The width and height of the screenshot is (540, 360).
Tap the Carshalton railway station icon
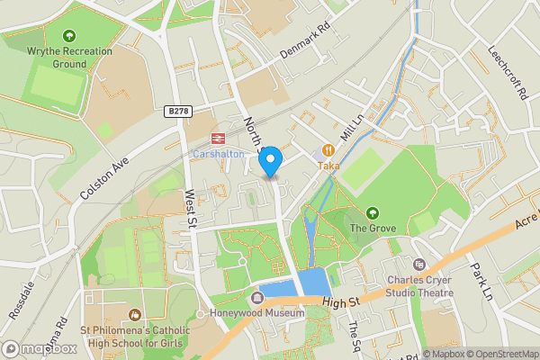coord(217,139)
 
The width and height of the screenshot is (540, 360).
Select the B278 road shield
coord(179,111)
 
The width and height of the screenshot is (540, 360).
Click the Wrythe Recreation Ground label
coord(69,58)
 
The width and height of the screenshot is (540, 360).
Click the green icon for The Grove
coord(373,212)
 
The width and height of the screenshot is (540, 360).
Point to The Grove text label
coord(373,228)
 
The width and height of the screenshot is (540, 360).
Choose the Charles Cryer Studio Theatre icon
coord(418,264)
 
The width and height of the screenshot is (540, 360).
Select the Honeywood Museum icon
coord(257,298)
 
